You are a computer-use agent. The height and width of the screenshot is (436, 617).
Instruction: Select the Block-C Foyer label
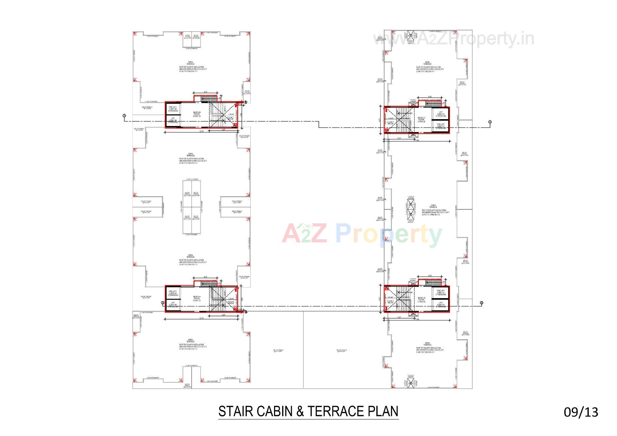421,120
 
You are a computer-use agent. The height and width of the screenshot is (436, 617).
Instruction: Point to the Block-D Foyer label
421,300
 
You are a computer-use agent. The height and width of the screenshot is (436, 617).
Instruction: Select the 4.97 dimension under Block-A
223,315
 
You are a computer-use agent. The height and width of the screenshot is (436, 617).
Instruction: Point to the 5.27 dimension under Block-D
399,318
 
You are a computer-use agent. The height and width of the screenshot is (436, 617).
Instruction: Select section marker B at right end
481,303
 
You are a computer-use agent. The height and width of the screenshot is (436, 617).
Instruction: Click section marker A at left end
124,116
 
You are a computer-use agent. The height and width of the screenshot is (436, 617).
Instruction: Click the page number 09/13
581,412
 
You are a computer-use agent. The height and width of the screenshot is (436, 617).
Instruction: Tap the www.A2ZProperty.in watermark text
453,39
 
